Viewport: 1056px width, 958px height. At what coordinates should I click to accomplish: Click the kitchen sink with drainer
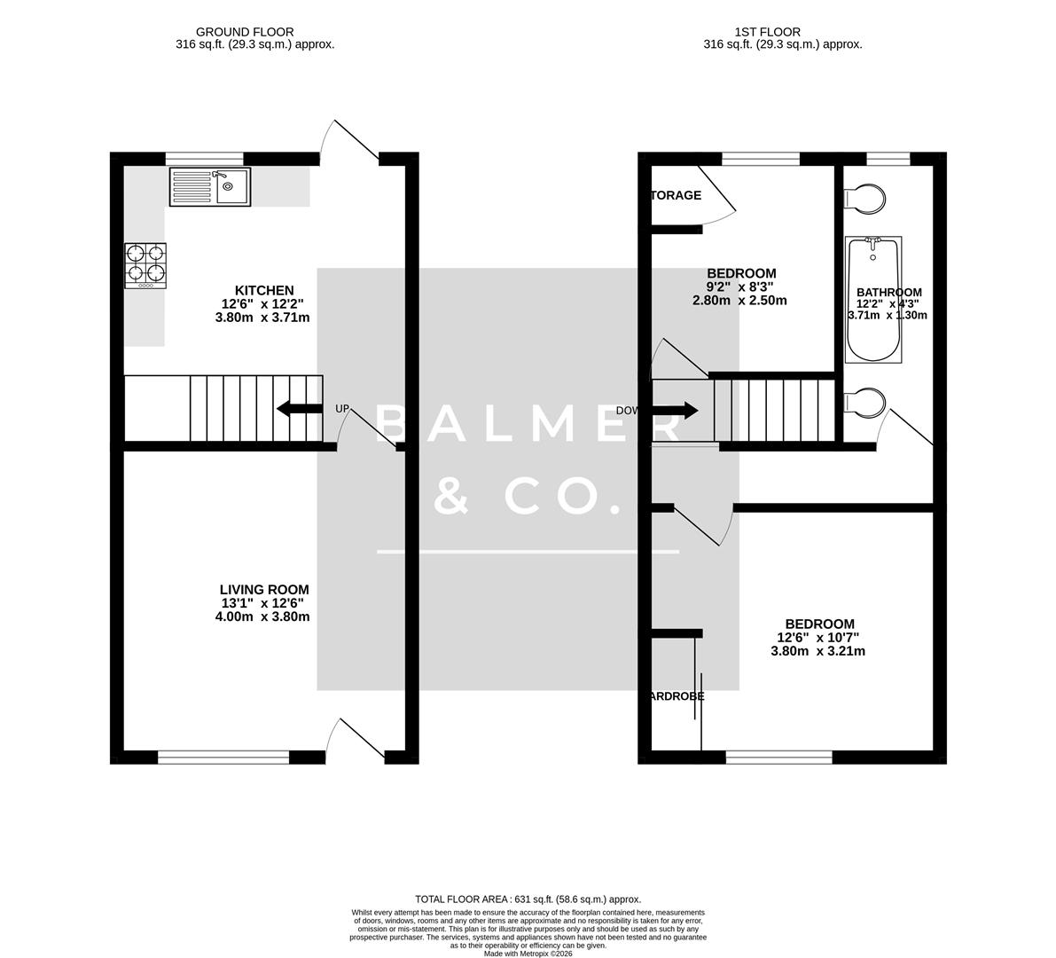(x=209, y=186)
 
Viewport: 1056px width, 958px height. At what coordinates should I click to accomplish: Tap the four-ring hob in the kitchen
(x=145, y=264)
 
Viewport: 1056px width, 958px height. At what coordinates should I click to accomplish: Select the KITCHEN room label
(x=263, y=290)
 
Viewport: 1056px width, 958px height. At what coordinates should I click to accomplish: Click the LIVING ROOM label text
(x=264, y=589)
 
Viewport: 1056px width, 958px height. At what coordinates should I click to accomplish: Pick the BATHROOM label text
(x=888, y=292)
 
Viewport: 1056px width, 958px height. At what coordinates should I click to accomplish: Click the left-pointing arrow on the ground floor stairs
(x=300, y=409)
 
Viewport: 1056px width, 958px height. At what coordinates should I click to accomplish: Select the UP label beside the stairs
(x=343, y=409)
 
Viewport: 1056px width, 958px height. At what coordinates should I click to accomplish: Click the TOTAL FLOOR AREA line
(x=528, y=899)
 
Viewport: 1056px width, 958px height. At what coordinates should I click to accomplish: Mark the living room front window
(x=223, y=757)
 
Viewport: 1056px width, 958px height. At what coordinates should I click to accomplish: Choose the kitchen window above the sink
(x=204, y=159)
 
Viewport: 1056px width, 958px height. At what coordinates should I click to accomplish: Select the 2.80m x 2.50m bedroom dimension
(x=739, y=301)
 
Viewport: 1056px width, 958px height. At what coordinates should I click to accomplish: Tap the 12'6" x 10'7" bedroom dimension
(x=817, y=637)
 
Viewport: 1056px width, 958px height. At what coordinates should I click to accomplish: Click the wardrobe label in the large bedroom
(x=677, y=696)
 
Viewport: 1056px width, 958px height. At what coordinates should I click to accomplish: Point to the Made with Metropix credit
(x=528, y=954)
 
